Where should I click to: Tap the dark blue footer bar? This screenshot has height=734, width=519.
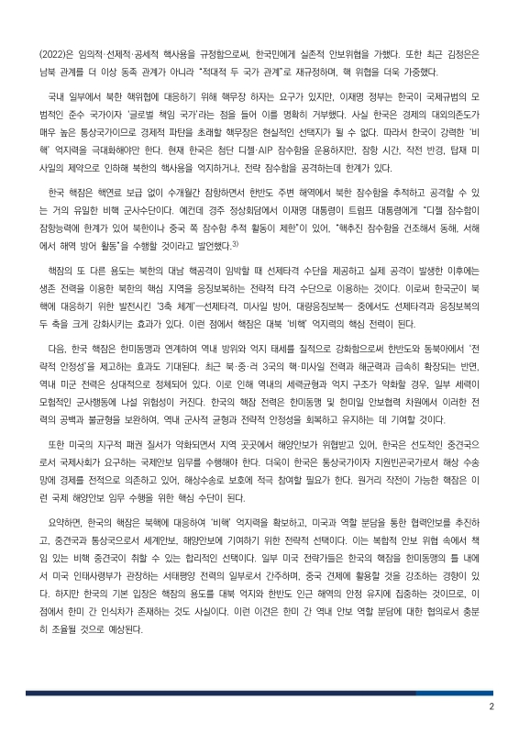[259, 693]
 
